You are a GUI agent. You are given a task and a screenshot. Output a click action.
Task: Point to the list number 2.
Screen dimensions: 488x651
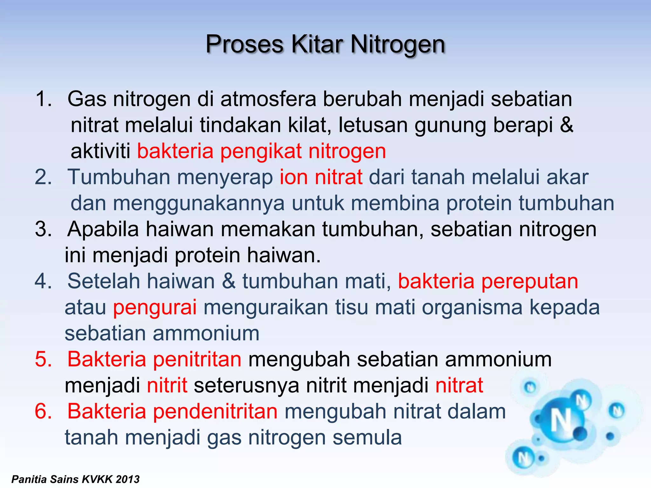coord(43,177)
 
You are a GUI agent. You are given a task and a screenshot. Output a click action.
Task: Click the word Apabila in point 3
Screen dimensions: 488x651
coord(103,229)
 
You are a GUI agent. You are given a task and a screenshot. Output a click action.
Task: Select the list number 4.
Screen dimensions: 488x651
coord(43,281)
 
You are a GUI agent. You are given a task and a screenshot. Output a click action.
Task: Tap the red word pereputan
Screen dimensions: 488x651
coord(530,281)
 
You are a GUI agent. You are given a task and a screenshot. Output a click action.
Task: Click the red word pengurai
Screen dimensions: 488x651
coord(155,308)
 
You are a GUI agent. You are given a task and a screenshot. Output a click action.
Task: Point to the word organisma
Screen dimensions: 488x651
coord(472,308)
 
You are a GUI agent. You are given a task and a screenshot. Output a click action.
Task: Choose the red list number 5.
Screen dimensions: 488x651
coord(43,359)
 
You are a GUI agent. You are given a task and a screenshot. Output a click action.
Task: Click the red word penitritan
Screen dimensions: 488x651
coord(197,359)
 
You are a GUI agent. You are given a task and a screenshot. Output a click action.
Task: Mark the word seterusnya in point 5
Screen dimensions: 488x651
coord(246,385)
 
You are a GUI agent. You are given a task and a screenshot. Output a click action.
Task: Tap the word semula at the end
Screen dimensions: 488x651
coord(367,437)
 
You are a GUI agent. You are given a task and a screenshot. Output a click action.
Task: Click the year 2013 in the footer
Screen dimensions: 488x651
coord(127,479)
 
